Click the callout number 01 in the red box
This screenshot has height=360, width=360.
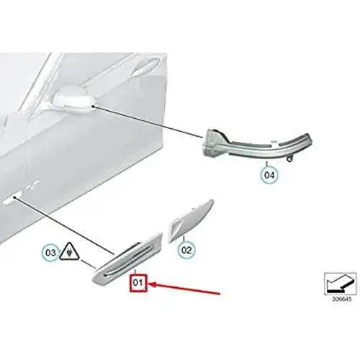pyautogui.click(x=138, y=283)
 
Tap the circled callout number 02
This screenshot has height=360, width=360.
pyautogui.click(x=186, y=251)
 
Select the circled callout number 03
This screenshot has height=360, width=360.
pyautogui.click(x=50, y=253)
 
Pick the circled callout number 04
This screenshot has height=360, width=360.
pyautogui.click(x=269, y=175)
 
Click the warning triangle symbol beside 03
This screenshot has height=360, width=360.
pyautogui.click(x=69, y=252)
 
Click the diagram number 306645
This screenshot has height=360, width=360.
pyautogui.click(x=341, y=299)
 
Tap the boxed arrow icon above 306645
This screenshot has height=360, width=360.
pyautogui.click(x=340, y=284)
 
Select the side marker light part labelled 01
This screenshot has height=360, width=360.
pyautogui.click(x=127, y=261)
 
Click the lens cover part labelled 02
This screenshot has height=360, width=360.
pyautogui.click(x=191, y=220)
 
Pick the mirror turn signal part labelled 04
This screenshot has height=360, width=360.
pyautogui.click(x=258, y=145)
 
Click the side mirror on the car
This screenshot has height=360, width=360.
pyautogui.click(x=73, y=99)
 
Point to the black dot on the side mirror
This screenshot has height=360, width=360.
pyautogui.click(x=94, y=106)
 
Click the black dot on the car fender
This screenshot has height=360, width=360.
pyautogui.click(x=15, y=197)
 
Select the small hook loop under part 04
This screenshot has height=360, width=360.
pyautogui.click(x=290, y=158)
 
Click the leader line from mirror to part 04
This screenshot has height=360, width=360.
pyautogui.click(x=148, y=122)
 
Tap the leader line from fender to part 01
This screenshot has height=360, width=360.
pyautogui.click(x=64, y=226)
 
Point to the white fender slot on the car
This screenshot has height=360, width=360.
pyautogui.click(x=12, y=199)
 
